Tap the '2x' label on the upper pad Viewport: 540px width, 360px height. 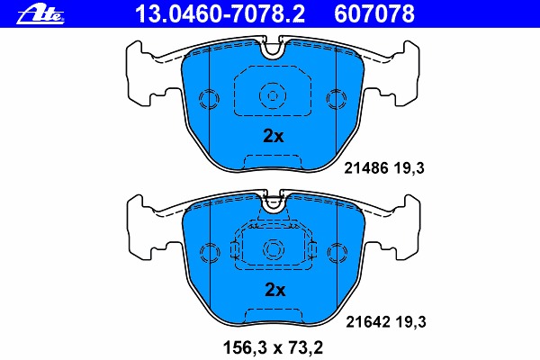[273, 137]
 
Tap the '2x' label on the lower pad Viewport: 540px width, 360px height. [273, 290]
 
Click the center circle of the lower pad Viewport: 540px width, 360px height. [272, 249]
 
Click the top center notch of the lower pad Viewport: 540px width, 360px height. [272, 203]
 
